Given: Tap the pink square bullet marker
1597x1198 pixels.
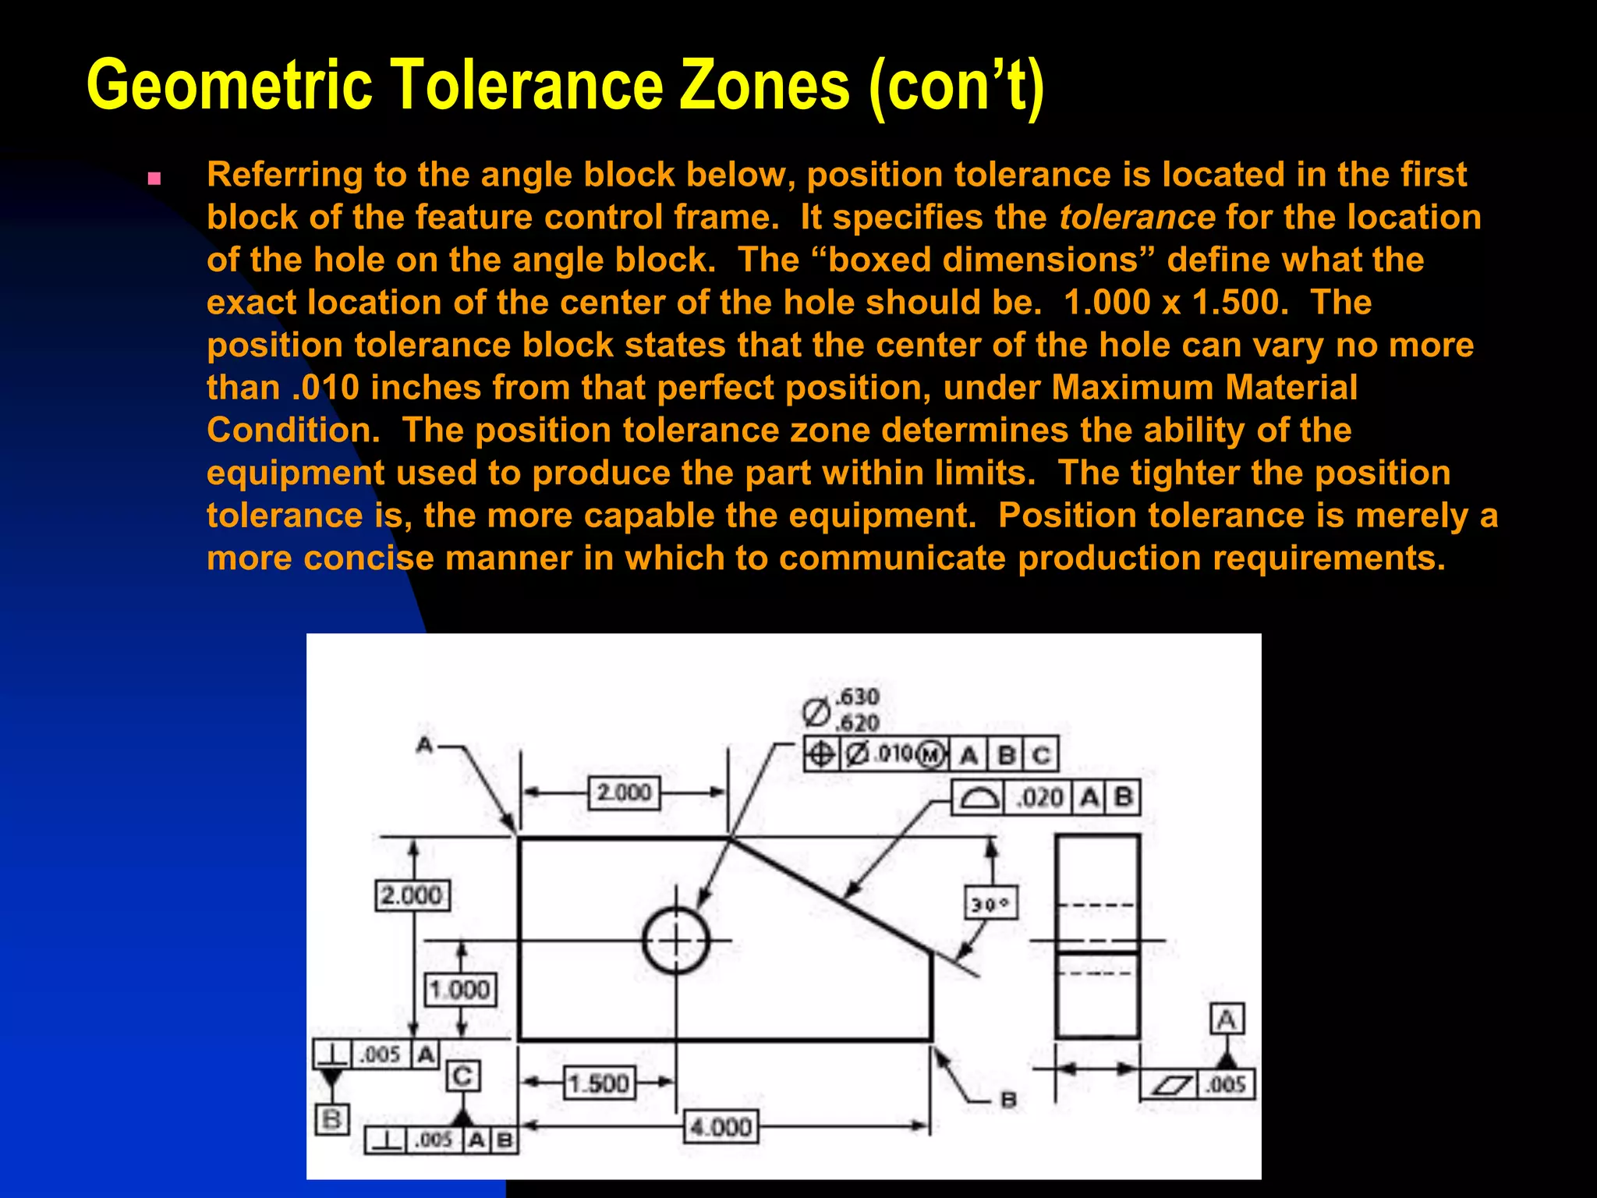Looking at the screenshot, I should pyautogui.click(x=154, y=179).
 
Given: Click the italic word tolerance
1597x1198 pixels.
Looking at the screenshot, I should pyautogui.click(x=1137, y=218).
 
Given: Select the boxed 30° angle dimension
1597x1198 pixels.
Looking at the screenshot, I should pyautogui.click(x=990, y=904).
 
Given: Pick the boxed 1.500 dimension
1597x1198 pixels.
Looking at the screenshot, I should pyautogui.click(x=599, y=1083).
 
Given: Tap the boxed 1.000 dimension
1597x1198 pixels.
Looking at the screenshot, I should pyautogui.click(x=460, y=990).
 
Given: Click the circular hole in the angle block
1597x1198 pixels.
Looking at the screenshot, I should pyautogui.click(x=676, y=941).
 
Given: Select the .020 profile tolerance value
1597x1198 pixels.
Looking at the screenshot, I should pyautogui.click(x=1041, y=798).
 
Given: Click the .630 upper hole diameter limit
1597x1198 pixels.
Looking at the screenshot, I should pyautogui.click(x=857, y=696).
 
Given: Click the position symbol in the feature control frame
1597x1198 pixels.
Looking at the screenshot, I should pyautogui.click(x=821, y=754).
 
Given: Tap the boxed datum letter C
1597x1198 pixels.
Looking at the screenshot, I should pyautogui.click(x=462, y=1076).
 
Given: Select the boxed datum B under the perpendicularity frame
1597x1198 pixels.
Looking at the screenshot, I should pyautogui.click(x=331, y=1119).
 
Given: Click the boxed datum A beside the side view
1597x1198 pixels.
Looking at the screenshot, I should pyautogui.click(x=1227, y=1019).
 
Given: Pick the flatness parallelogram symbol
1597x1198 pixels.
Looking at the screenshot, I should pyautogui.click(x=1171, y=1085).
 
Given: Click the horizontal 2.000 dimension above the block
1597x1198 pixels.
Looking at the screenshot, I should pyautogui.click(x=624, y=792).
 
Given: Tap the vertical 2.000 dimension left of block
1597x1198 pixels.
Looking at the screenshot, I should pyautogui.click(x=412, y=895).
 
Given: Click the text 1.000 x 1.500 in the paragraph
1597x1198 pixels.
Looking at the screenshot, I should pyautogui.click(x=1176, y=303).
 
